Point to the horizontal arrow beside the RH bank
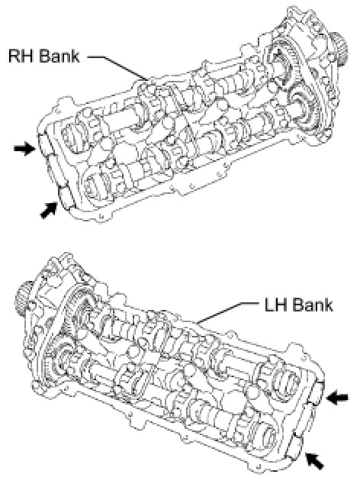click(x=24, y=148)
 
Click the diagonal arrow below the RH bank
click(x=49, y=210)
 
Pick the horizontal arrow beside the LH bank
click(x=337, y=398)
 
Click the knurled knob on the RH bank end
click(x=339, y=50)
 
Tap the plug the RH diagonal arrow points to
click(x=66, y=197)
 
